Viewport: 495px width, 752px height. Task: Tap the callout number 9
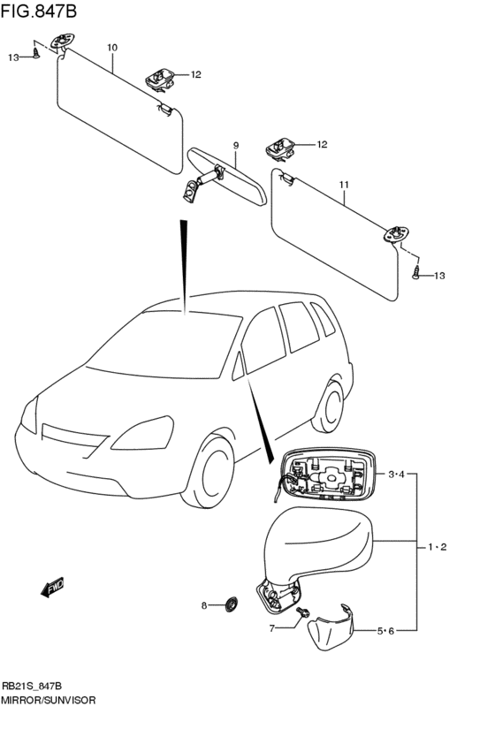coord(236,145)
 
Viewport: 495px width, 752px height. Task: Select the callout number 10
coord(112,47)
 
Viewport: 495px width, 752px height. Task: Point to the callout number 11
coord(344,185)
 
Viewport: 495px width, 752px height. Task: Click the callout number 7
coord(273,628)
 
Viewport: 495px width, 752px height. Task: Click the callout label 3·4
coord(396,475)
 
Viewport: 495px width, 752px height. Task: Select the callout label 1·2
coord(437,547)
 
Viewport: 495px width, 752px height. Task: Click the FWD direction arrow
coord(52,587)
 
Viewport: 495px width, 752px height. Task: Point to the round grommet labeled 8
coord(233,604)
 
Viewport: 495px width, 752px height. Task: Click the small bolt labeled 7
coord(304,612)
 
